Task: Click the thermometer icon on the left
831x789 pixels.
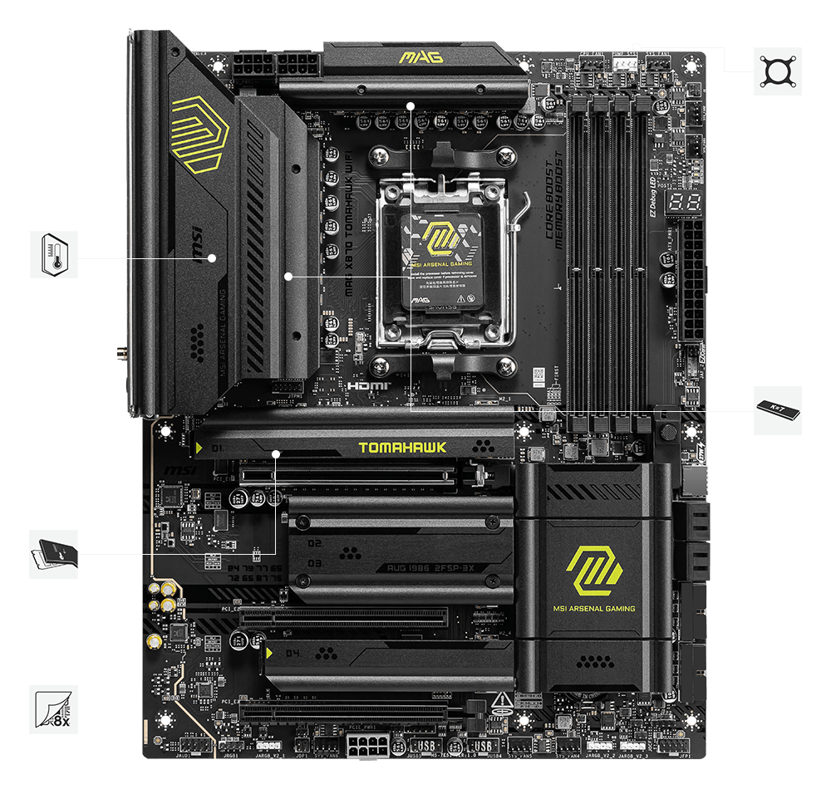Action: coord(54,254)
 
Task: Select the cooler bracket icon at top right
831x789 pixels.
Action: coord(778,71)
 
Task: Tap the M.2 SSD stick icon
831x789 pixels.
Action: coord(778,410)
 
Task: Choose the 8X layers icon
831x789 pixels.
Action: coord(54,709)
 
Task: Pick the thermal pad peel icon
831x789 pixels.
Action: coord(54,554)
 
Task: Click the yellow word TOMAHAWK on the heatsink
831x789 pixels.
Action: coord(402,448)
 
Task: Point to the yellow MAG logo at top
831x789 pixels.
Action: coord(420,57)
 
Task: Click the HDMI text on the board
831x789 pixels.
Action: coord(363,386)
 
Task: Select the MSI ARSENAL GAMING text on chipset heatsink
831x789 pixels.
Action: coord(593,609)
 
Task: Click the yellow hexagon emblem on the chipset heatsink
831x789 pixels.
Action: coord(593,570)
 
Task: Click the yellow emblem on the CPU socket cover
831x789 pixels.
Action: coord(440,242)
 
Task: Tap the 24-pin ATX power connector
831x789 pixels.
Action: coord(692,282)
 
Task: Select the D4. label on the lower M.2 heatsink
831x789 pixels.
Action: coord(293,653)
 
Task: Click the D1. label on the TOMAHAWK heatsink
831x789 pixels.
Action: coord(219,448)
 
